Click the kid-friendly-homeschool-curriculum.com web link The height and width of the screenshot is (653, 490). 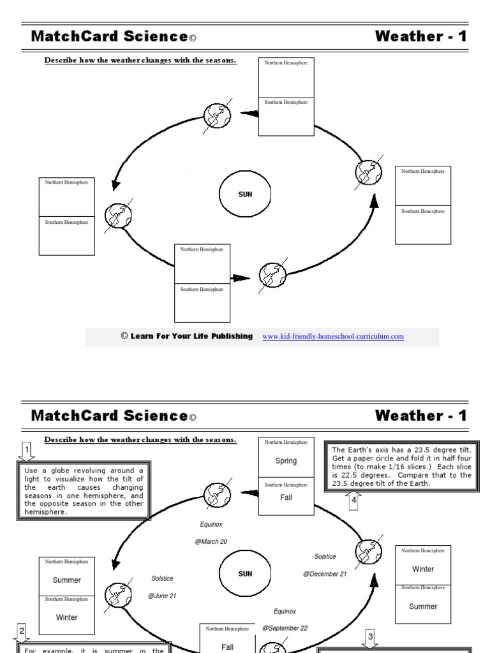333,337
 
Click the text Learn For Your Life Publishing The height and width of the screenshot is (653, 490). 191,336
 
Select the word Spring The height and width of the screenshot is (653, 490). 286,461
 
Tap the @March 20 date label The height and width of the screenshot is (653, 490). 211,542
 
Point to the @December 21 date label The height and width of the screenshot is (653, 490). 325,574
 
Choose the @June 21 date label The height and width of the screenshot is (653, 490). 162,596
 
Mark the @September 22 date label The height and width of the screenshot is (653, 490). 285,628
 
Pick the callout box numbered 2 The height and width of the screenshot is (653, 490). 22,632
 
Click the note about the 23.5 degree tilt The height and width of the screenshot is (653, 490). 401,467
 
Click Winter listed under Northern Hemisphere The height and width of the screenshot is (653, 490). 423,569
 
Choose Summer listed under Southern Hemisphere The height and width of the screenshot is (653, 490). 423,606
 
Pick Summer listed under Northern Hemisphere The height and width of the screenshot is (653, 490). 67,580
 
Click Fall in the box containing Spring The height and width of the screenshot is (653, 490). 286,497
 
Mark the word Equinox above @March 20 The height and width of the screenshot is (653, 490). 211,524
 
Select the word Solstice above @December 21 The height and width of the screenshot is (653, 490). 325,557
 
